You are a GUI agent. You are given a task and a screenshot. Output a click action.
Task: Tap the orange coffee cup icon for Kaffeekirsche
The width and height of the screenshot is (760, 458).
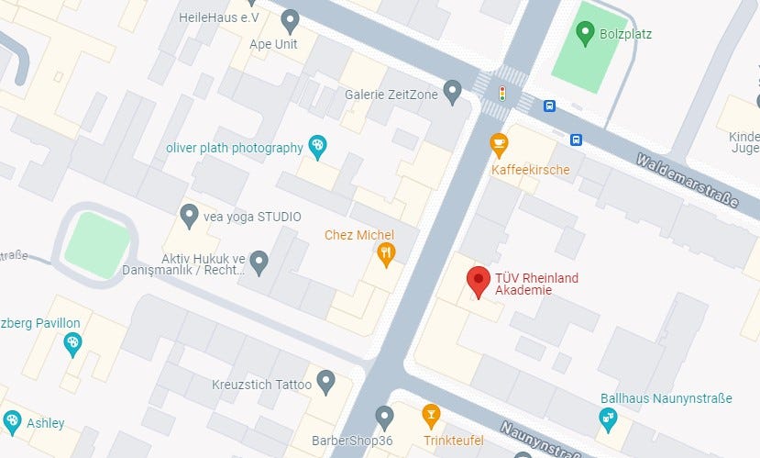pos(499,144)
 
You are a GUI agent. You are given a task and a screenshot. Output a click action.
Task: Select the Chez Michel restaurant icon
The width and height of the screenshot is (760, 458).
pos(386,253)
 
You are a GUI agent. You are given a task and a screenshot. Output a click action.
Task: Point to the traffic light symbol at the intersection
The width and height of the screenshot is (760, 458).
pos(501,93)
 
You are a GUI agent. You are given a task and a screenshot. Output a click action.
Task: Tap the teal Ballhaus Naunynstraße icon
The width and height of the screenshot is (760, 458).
pos(607,418)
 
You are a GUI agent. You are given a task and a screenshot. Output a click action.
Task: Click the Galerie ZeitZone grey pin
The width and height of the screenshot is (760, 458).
pos(451,90)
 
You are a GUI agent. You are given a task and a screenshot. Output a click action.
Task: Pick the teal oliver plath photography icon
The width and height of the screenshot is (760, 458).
pos(317,145)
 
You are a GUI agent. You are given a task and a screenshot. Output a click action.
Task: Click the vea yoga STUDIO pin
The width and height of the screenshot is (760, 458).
pos(189,215)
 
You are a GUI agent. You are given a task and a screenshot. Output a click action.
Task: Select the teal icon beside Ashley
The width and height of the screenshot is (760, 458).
pos(12,420)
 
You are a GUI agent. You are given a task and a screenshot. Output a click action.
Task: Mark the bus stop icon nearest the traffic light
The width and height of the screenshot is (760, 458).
pos(549,106)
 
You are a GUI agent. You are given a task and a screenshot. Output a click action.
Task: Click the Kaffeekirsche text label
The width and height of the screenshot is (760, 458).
pos(531,170)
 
